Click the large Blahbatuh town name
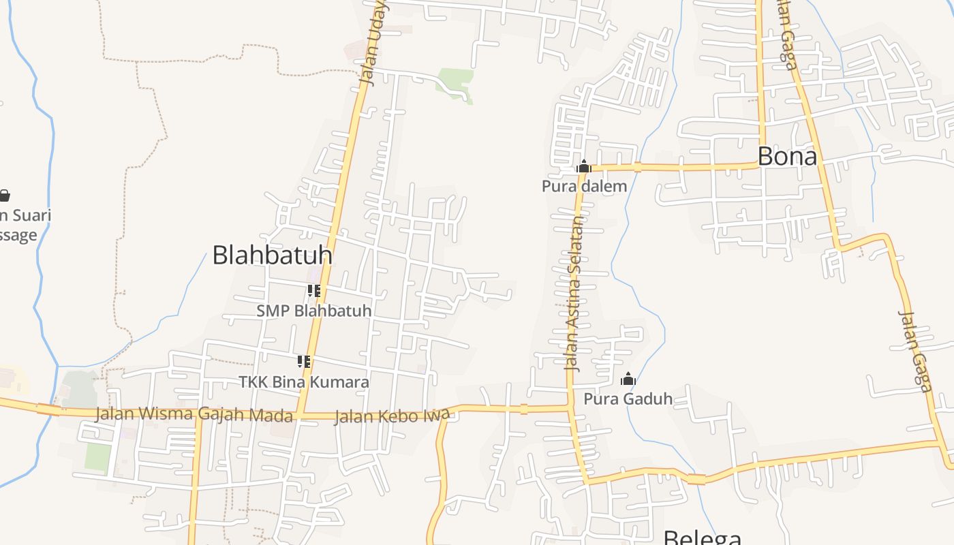(x=272, y=255)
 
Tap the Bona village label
(x=787, y=157)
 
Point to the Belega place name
(x=703, y=537)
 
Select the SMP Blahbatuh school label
(x=314, y=311)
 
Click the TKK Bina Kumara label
(x=304, y=382)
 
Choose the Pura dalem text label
(x=584, y=186)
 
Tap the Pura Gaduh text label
(x=628, y=399)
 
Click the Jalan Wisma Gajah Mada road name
(x=194, y=414)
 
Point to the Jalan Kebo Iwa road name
(x=392, y=416)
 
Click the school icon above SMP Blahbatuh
(x=313, y=292)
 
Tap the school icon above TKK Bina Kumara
(x=304, y=362)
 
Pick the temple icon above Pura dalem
(x=584, y=166)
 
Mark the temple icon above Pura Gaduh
(x=628, y=379)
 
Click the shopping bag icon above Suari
(x=4, y=196)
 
